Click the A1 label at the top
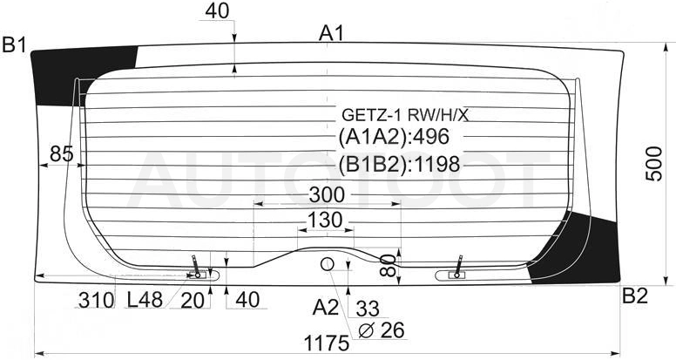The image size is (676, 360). tap(331, 33)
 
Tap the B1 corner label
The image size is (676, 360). tap(15, 44)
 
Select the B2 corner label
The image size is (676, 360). tap(634, 296)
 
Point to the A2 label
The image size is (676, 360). tap(326, 308)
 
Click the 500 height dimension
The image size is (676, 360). tap(654, 164)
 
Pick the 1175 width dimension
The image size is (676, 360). tap(327, 343)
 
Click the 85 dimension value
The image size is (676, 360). tap(62, 153)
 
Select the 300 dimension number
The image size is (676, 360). tap(327, 195)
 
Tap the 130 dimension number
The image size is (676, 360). tap(325, 221)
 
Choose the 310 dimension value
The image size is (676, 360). tap(97, 300)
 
